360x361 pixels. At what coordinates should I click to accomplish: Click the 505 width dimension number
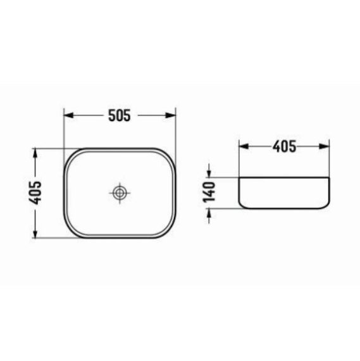click(119, 116)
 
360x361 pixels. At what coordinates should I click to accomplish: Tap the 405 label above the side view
click(284, 146)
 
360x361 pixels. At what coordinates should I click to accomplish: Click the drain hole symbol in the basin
click(119, 193)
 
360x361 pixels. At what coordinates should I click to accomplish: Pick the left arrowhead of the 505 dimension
click(68, 116)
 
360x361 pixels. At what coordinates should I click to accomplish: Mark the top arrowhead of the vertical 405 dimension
click(36, 153)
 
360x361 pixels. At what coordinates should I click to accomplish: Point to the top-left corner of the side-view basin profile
click(239, 178)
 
